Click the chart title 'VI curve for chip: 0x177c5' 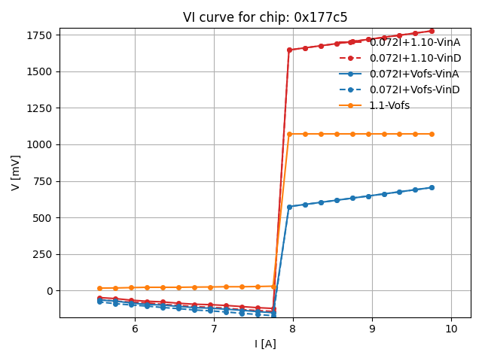[x=265, y=17]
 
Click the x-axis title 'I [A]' [x=265, y=344]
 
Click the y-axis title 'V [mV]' [x=16, y=172]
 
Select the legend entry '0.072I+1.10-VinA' [x=414, y=42]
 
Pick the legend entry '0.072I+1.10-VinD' [x=414, y=58]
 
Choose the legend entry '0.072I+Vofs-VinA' [x=413, y=74]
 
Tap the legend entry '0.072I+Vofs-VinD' [x=413, y=89]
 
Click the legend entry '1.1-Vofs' [x=389, y=105]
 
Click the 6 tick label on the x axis [x=135, y=329]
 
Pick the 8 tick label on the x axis [x=293, y=329]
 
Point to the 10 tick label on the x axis [x=451, y=329]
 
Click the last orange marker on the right [x=432, y=134]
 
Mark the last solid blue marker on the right [x=432, y=187]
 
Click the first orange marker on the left [x=99, y=288]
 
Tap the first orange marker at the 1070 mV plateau [x=289, y=134]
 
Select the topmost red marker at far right [x=432, y=31]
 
